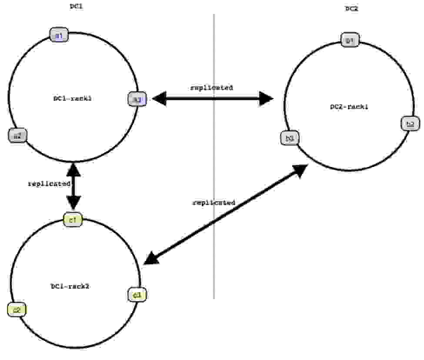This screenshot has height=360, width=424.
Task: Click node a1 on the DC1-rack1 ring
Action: (x=59, y=35)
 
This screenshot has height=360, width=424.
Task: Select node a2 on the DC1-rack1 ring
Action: (x=17, y=136)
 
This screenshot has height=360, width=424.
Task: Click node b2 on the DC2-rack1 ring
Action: (x=410, y=124)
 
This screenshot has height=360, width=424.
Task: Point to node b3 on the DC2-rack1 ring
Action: (x=290, y=138)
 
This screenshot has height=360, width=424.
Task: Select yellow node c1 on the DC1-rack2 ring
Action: (x=73, y=220)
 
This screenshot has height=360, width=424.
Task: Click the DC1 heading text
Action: (x=77, y=6)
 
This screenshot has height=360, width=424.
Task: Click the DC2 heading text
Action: (x=351, y=9)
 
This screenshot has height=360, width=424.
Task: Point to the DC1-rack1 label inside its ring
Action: (x=72, y=99)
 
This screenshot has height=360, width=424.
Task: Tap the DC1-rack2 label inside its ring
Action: (x=70, y=286)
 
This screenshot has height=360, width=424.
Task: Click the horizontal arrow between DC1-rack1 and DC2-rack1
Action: (x=213, y=99)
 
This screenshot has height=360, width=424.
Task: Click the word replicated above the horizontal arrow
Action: (x=212, y=87)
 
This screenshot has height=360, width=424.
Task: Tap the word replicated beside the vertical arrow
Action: (x=49, y=184)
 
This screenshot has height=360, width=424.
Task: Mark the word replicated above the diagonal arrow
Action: (x=214, y=203)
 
